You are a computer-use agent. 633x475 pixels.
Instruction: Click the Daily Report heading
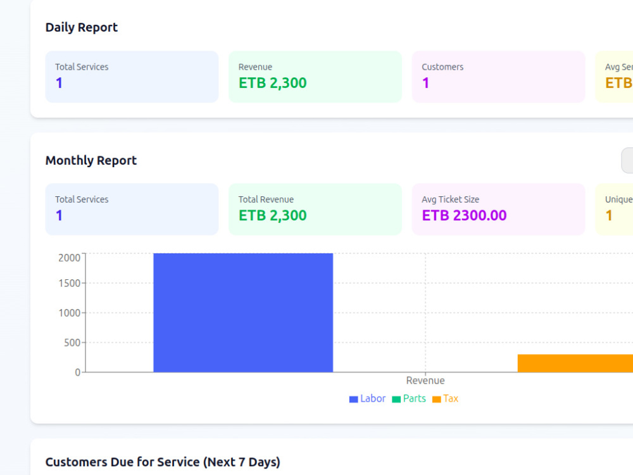[x=82, y=27]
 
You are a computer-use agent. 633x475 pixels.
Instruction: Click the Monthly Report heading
[x=91, y=160]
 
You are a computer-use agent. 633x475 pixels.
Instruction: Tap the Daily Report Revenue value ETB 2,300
[x=272, y=83]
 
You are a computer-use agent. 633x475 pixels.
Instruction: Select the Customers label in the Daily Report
[x=442, y=67]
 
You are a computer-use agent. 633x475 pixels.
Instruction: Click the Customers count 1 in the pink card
[x=425, y=83]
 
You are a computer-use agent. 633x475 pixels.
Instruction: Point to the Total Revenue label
[x=266, y=199]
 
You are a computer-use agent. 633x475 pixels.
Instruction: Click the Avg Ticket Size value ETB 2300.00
[x=464, y=215]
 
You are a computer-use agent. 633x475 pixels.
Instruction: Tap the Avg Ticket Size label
[x=451, y=199]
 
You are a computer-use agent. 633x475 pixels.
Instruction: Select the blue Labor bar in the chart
[x=243, y=313]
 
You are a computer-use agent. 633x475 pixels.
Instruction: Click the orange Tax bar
[x=575, y=363]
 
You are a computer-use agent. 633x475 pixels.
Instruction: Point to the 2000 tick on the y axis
[x=70, y=258]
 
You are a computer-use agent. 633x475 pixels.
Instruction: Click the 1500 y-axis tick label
[x=70, y=283]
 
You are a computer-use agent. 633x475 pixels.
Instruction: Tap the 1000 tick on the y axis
[x=70, y=313]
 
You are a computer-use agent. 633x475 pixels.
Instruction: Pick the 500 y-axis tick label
[x=72, y=343]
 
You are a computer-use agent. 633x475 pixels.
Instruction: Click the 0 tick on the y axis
[x=78, y=372]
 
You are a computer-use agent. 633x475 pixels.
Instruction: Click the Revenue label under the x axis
[x=425, y=381]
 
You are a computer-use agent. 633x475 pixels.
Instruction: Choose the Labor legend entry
[x=367, y=398]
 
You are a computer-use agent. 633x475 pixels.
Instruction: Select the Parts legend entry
[x=409, y=398]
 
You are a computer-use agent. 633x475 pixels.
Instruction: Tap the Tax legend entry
[x=445, y=398]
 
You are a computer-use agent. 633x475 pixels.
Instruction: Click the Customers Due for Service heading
[x=163, y=462]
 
